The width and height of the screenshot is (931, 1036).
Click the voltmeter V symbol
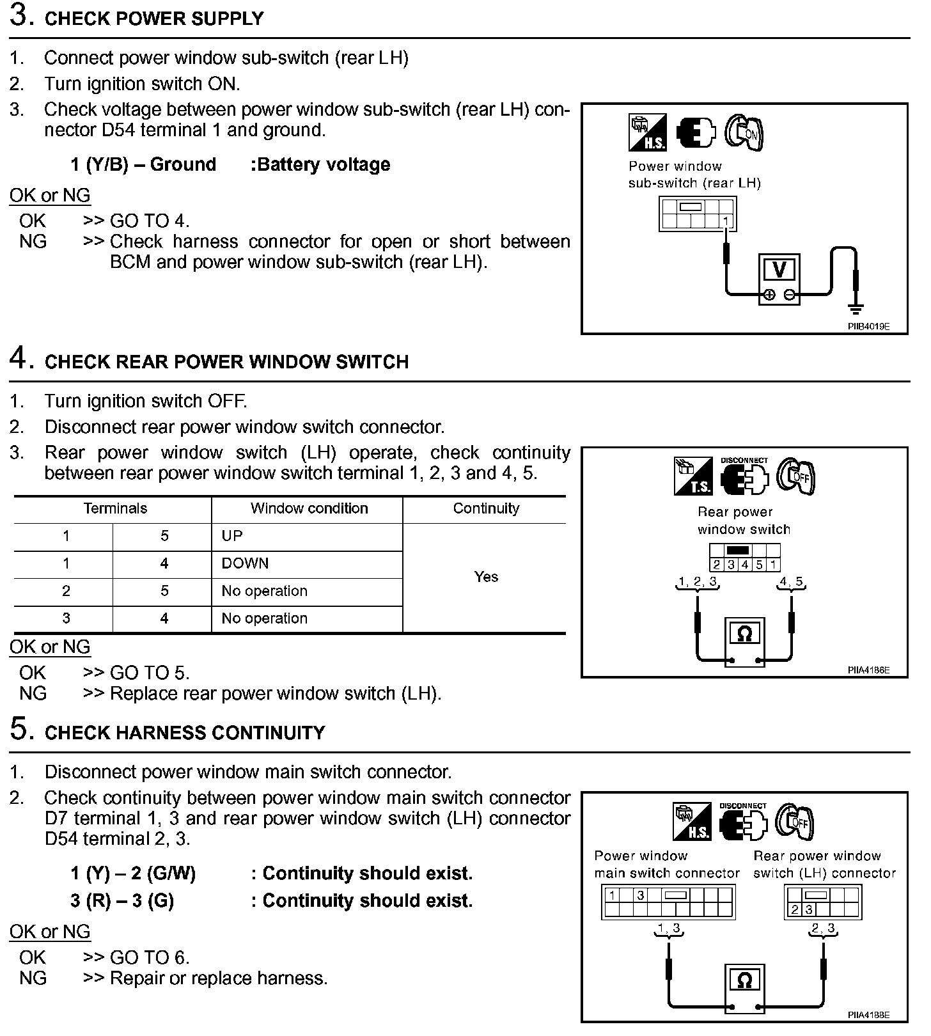(x=779, y=270)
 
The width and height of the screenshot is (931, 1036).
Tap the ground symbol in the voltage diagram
(x=856, y=309)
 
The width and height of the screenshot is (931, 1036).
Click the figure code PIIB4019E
(x=868, y=326)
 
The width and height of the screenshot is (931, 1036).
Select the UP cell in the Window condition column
(x=232, y=536)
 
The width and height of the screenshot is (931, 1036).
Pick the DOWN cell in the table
(x=245, y=563)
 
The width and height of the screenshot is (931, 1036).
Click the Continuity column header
(x=486, y=508)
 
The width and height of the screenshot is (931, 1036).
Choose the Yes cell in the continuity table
(x=486, y=577)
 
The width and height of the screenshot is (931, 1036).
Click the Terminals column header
(x=115, y=508)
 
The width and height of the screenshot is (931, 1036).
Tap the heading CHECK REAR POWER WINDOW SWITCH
(x=226, y=362)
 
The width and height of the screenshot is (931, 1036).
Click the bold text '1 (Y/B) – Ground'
(x=143, y=164)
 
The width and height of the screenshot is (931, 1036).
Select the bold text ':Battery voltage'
(x=320, y=164)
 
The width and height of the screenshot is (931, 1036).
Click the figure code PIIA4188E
(x=868, y=1015)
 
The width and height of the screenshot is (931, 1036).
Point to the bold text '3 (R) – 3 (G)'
(x=122, y=900)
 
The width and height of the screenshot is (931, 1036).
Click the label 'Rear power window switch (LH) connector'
(x=824, y=865)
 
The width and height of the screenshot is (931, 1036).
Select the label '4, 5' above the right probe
(x=791, y=582)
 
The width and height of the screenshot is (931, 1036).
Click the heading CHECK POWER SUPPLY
(x=154, y=19)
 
